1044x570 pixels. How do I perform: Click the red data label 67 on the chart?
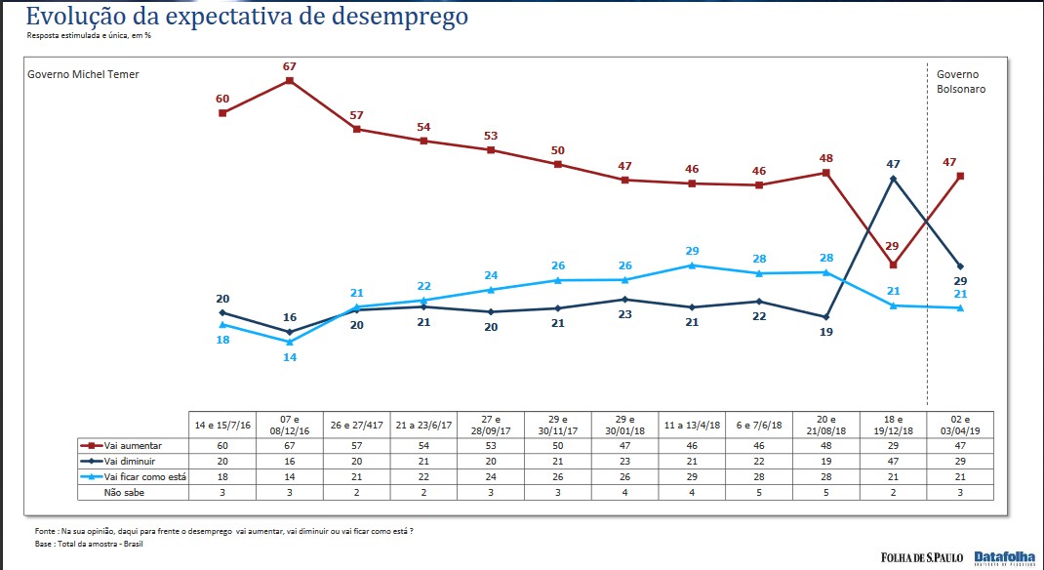[x=290, y=66]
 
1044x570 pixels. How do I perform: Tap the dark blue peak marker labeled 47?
[x=893, y=179]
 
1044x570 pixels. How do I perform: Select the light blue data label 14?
[x=290, y=357]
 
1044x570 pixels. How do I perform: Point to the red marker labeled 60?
[x=222, y=113]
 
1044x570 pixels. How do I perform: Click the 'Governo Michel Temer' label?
[x=83, y=74]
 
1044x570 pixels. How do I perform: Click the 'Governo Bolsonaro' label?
[x=961, y=81]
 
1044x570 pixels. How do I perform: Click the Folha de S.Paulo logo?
[x=922, y=557]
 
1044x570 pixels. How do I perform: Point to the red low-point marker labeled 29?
[x=893, y=265]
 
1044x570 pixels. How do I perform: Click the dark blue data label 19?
[x=826, y=332]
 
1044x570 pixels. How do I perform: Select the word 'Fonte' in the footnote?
[x=45, y=531]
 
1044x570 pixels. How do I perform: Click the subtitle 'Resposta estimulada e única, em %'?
[x=89, y=36]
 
